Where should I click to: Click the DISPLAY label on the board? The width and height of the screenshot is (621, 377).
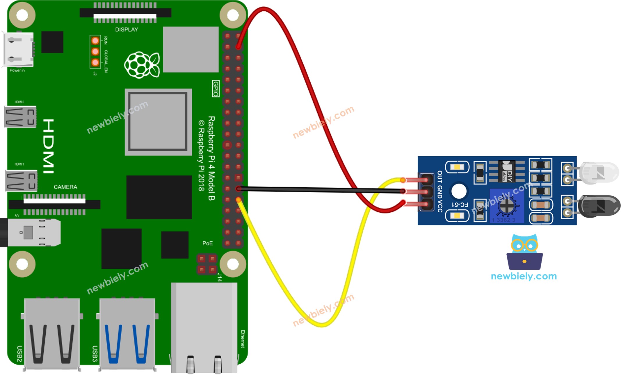click(x=127, y=30)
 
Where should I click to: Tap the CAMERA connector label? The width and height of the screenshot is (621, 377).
click(x=65, y=187)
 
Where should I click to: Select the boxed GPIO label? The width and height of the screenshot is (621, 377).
click(x=216, y=89)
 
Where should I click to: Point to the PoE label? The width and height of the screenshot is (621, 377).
click(x=207, y=243)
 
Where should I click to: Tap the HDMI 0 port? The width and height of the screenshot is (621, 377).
click(x=20, y=117)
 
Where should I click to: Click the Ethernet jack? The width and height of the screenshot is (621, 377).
click(x=204, y=327)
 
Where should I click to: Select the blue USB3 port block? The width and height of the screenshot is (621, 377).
click(x=127, y=334)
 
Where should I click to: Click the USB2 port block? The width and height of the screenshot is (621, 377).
click(x=52, y=334)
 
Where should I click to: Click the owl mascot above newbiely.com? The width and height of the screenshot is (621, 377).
click(x=524, y=252)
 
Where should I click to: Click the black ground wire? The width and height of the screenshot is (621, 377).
click(x=320, y=190)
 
